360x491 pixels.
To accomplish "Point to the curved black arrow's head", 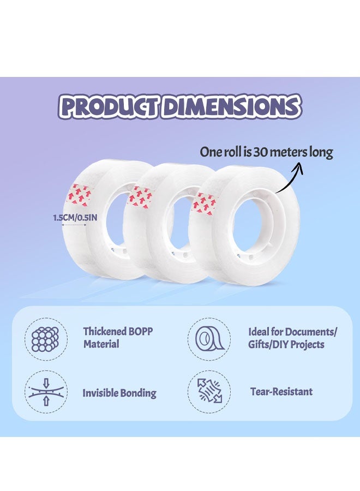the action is pyautogui.click(x=297, y=167).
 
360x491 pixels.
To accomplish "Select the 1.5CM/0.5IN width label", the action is pyautogui.click(x=75, y=217).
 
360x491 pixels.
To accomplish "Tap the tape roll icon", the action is pyautogui.click(x=209, y=339).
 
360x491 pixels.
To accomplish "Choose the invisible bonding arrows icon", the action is pyautogui.click(x=46, y=392).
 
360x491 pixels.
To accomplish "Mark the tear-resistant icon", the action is pyautogui.click(x=209, y=391).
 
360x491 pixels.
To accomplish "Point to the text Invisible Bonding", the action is pyautogui.click(x=119, y=393).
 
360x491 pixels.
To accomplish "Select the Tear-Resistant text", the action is pyautogui.click(x=281, y=391).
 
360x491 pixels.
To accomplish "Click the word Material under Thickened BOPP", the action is pyautogui.click(x=101, y=344).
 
